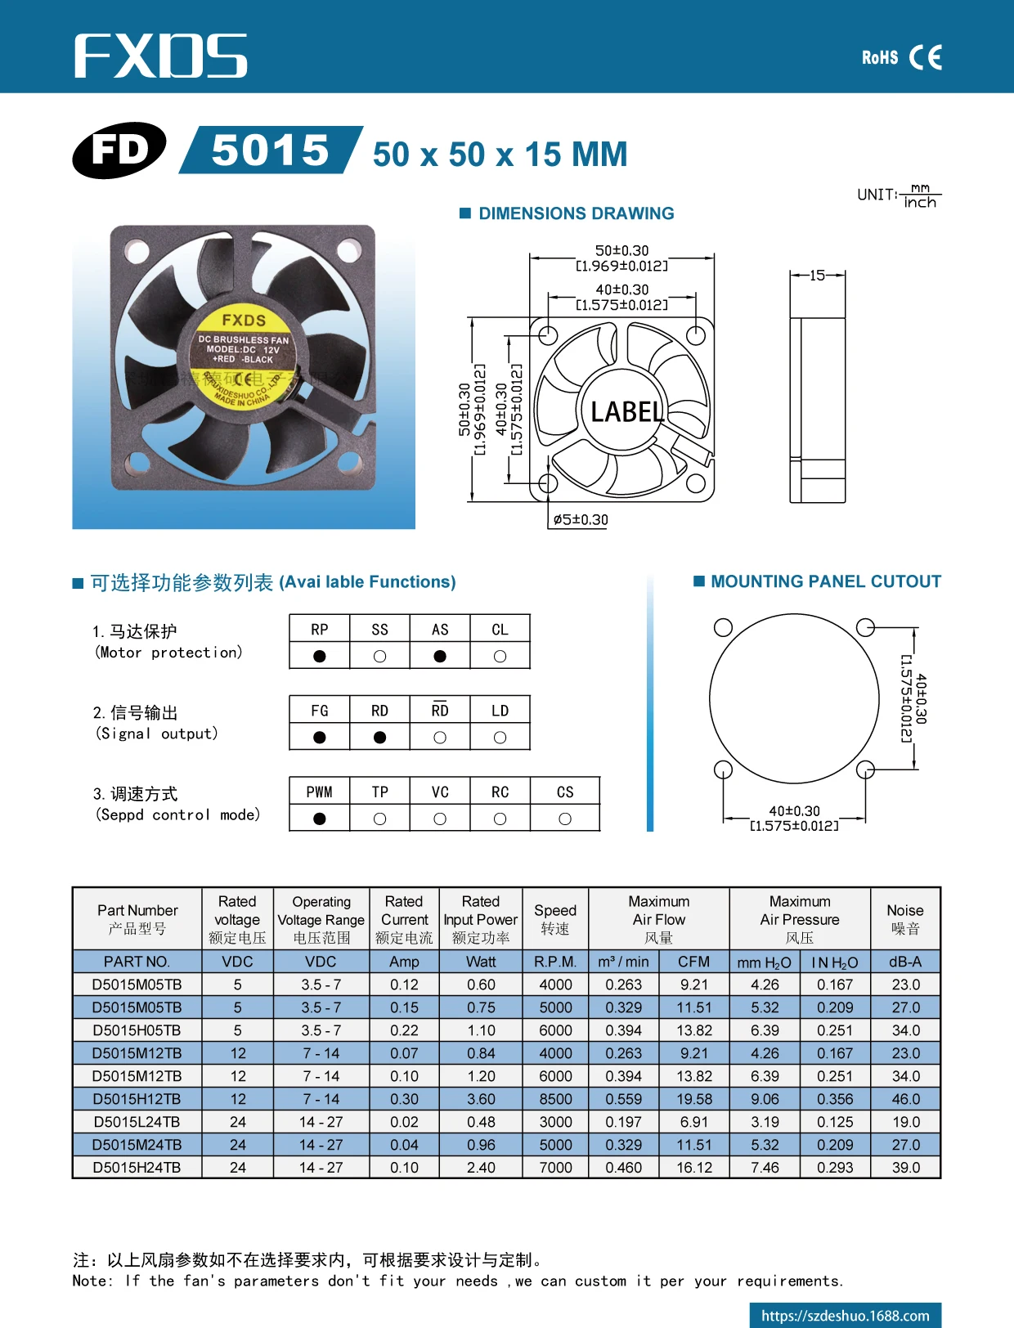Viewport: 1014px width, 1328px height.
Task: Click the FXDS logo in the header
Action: click(x=160, y=56)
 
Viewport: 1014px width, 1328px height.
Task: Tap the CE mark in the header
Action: click(x=925, y=57)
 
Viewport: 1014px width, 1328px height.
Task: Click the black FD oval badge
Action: click(x=119, y=150)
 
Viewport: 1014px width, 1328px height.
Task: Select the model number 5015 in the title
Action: click(x=270, y=150)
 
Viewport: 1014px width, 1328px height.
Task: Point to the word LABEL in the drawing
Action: click(x=627, y=411)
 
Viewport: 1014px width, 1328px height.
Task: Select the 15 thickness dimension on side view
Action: click(x=817, y=276)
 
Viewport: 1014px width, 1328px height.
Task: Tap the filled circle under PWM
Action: click(x=320, y=819)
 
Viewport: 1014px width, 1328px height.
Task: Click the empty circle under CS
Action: click(x=565, y=819)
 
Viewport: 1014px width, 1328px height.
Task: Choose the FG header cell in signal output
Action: click(x=320, y=711)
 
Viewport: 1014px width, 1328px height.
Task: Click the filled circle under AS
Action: click(x=440, y=656)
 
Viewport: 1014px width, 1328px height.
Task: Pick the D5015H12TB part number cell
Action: click(x=137, y=1099)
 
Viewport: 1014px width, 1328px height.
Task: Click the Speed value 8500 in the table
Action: click(x=555, y=1099)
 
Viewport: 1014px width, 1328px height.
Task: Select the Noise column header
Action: click(x=904, y=919)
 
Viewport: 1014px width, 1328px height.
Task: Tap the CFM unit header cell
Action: click(x=693, y=962)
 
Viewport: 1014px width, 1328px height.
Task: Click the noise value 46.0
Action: click(x=905, y=1099)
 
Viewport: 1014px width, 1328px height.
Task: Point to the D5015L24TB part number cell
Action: click(x=137, y=1122)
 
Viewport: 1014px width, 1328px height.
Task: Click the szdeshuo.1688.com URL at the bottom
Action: click(x=845, y=1316)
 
